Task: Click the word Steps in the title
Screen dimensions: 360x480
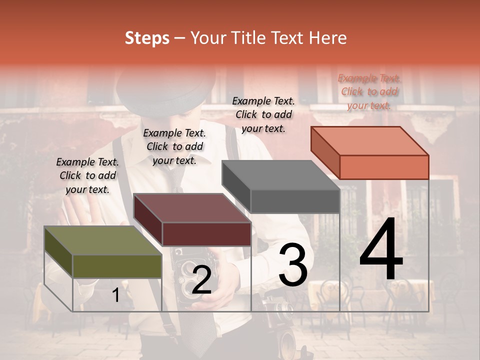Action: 147,38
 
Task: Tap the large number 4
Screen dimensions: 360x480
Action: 381,250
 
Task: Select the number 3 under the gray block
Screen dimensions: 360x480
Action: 292,265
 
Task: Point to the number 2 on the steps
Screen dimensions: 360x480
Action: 201,280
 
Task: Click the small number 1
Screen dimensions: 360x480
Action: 115,295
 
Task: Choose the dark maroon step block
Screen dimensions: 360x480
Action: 192,220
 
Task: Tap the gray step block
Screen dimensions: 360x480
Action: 281,187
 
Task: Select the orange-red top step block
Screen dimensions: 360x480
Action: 370,152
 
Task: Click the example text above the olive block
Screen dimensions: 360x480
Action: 87,175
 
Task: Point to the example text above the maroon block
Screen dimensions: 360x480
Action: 174,146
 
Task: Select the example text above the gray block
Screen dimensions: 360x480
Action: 263,114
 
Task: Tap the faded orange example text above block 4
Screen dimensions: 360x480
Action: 369,91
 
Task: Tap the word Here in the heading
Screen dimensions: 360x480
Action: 329,38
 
